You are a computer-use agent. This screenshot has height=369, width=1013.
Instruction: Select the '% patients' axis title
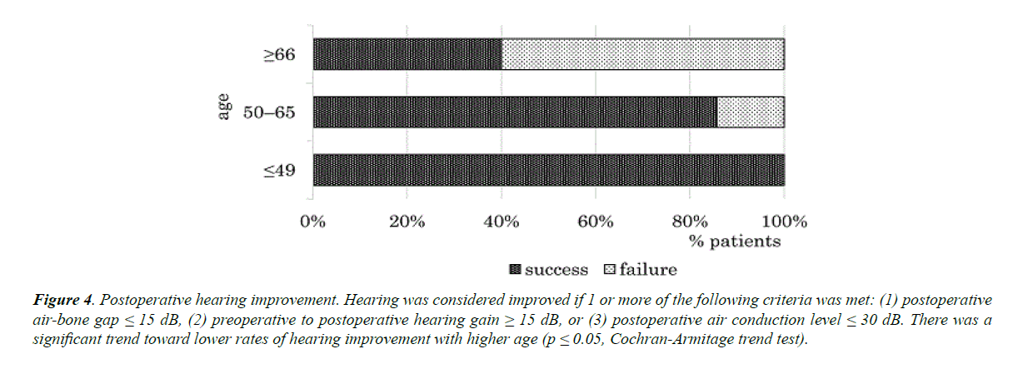tap(734, 242)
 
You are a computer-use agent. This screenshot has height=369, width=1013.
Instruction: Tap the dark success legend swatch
tap(514, 270)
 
